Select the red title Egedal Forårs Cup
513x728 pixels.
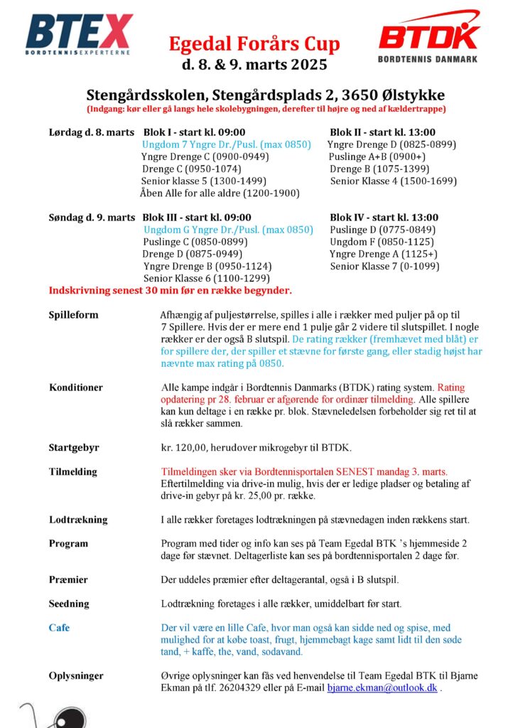tap(254, 44)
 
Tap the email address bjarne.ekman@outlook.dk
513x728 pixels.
tap(382, 688)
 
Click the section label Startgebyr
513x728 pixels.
tap(74, 448)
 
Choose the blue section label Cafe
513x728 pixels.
tap(59, 628)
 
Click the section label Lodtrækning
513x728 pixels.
tap(78, 520)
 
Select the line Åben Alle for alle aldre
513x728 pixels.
tap(220, 193)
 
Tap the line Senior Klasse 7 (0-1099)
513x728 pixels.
tap(384, 266)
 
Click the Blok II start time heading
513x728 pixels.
tap(382, 132)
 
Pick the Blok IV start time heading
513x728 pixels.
tap(384, 218)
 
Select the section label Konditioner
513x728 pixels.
tap(76, 387)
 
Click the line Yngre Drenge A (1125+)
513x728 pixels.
tap(383, 254)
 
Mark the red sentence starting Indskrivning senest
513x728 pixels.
tap(171, 290)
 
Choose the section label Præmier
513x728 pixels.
tap(68, 579)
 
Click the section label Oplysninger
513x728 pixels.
tap(76, 675)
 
